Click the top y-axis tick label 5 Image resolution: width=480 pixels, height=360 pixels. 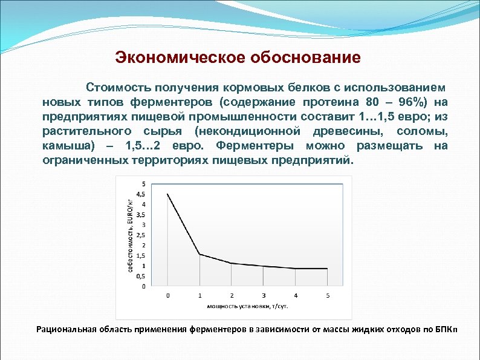(x=143, y=184)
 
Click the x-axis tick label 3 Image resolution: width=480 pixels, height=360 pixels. (x=264, y=295)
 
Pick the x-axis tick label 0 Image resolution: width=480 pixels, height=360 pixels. (x=168, y=295)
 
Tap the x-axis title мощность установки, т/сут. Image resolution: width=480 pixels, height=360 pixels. (x=247, y=306)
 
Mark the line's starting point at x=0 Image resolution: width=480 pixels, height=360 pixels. (x=168, y=194)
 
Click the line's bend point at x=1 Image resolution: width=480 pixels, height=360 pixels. (x=200, y=254)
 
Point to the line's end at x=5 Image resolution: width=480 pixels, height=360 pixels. (x=327, y=269)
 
